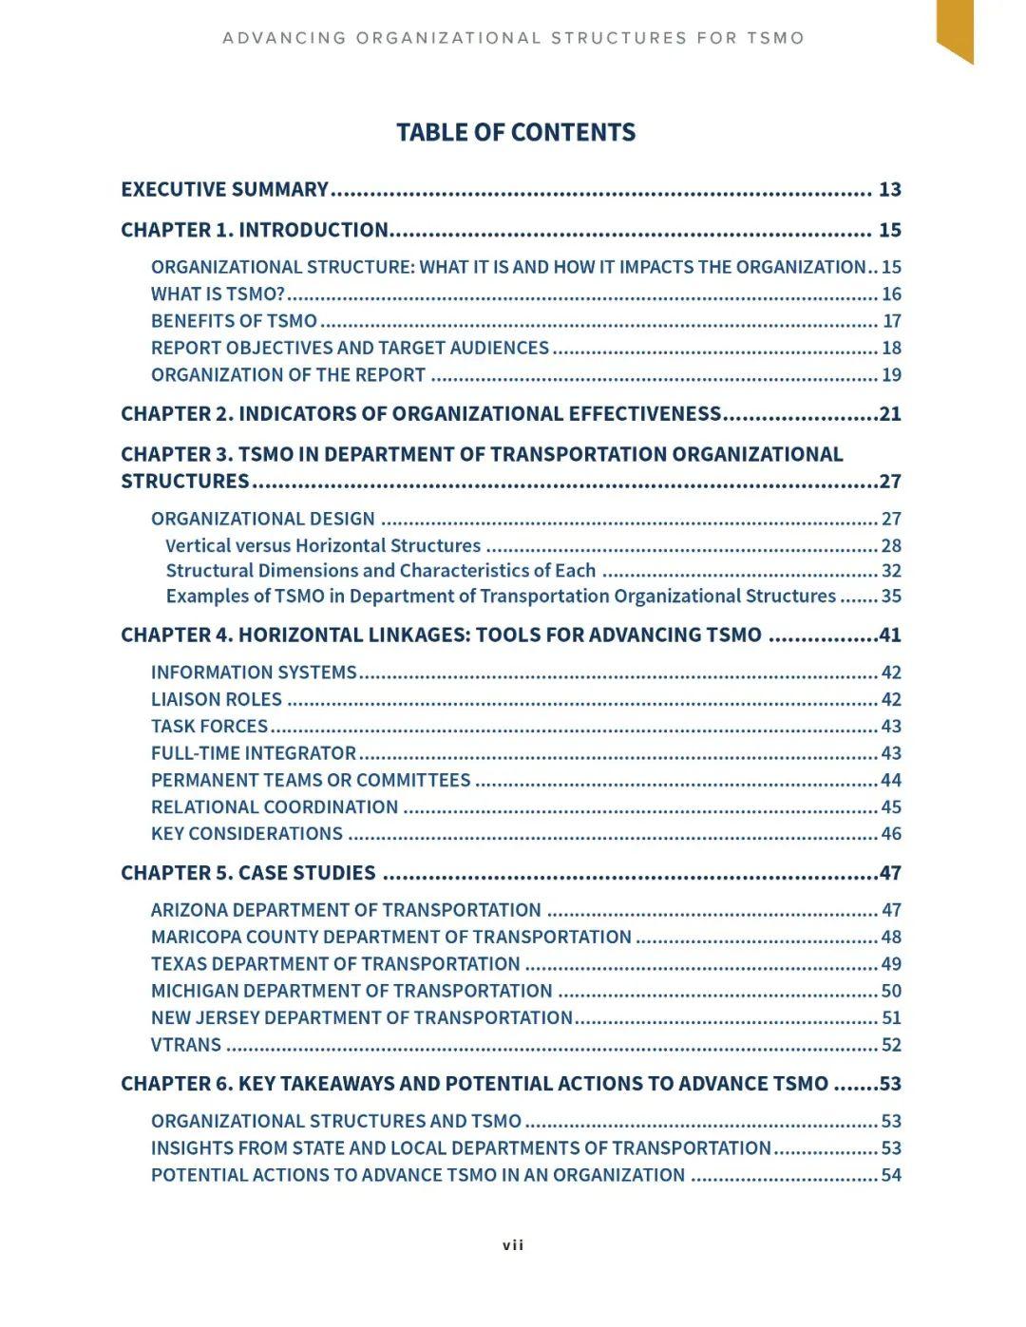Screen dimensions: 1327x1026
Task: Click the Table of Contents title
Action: (x=515, y=132)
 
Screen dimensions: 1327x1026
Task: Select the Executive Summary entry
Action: (x=224, y=189)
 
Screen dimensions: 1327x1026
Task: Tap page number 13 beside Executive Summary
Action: (x=889, y=189)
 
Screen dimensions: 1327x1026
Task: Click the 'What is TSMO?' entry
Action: (x=218, y=294)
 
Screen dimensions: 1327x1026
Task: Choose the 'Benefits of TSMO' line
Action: (x=234, y=321)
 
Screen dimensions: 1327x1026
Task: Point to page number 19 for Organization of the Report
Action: (x=891, y=374)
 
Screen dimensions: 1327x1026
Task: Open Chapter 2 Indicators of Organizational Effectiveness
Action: (x=421, y=414)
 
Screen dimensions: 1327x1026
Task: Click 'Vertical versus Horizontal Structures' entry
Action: (x=323, y=546)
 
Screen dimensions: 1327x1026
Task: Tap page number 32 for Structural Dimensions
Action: (x=891, y=571)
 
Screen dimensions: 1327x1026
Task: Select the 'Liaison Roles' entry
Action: (x=217, y=699)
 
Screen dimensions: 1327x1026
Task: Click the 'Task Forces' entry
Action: (x=209, y=727)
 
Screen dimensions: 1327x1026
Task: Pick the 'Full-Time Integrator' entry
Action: (x=254, y=753)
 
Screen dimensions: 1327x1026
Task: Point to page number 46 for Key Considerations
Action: (x=891, y=834)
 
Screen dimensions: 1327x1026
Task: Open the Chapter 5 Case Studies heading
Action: (x=248, y=873)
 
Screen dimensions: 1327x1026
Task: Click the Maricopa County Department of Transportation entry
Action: (x=390, y=938)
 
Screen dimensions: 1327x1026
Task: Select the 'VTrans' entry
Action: (x=186, y=1045)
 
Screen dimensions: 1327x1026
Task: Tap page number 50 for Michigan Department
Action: (x=891, y=991)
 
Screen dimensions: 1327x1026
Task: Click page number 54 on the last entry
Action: (x=891, y=1175)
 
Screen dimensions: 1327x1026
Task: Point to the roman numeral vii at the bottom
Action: (x=513, y=1245)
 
